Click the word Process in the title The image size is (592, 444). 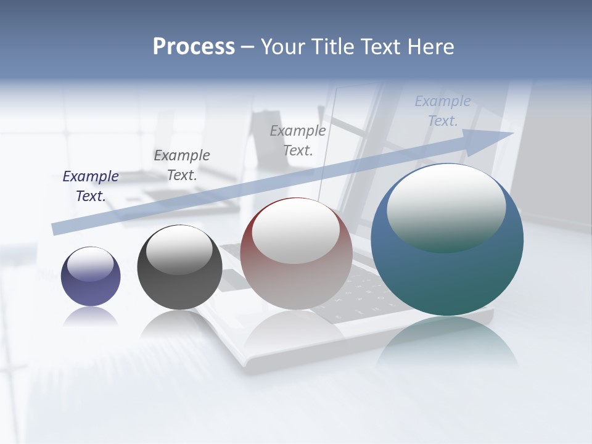pyautogui.click(x=194, y=47)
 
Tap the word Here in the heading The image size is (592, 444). pyautogui.click(x=430, y=47)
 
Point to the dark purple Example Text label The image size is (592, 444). pyautogui.click(x=91, y=186)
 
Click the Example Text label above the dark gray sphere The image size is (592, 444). pyautogui.click(x=182, y=165)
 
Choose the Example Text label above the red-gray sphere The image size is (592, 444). pyautogui.click(x=298, y=140)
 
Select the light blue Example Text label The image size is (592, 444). pyautogui.click(x=443, y=110)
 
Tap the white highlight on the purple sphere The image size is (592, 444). pyautogui.click(x=91, y=263)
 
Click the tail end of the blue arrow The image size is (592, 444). pyautogui.click(x=57, y=229)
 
